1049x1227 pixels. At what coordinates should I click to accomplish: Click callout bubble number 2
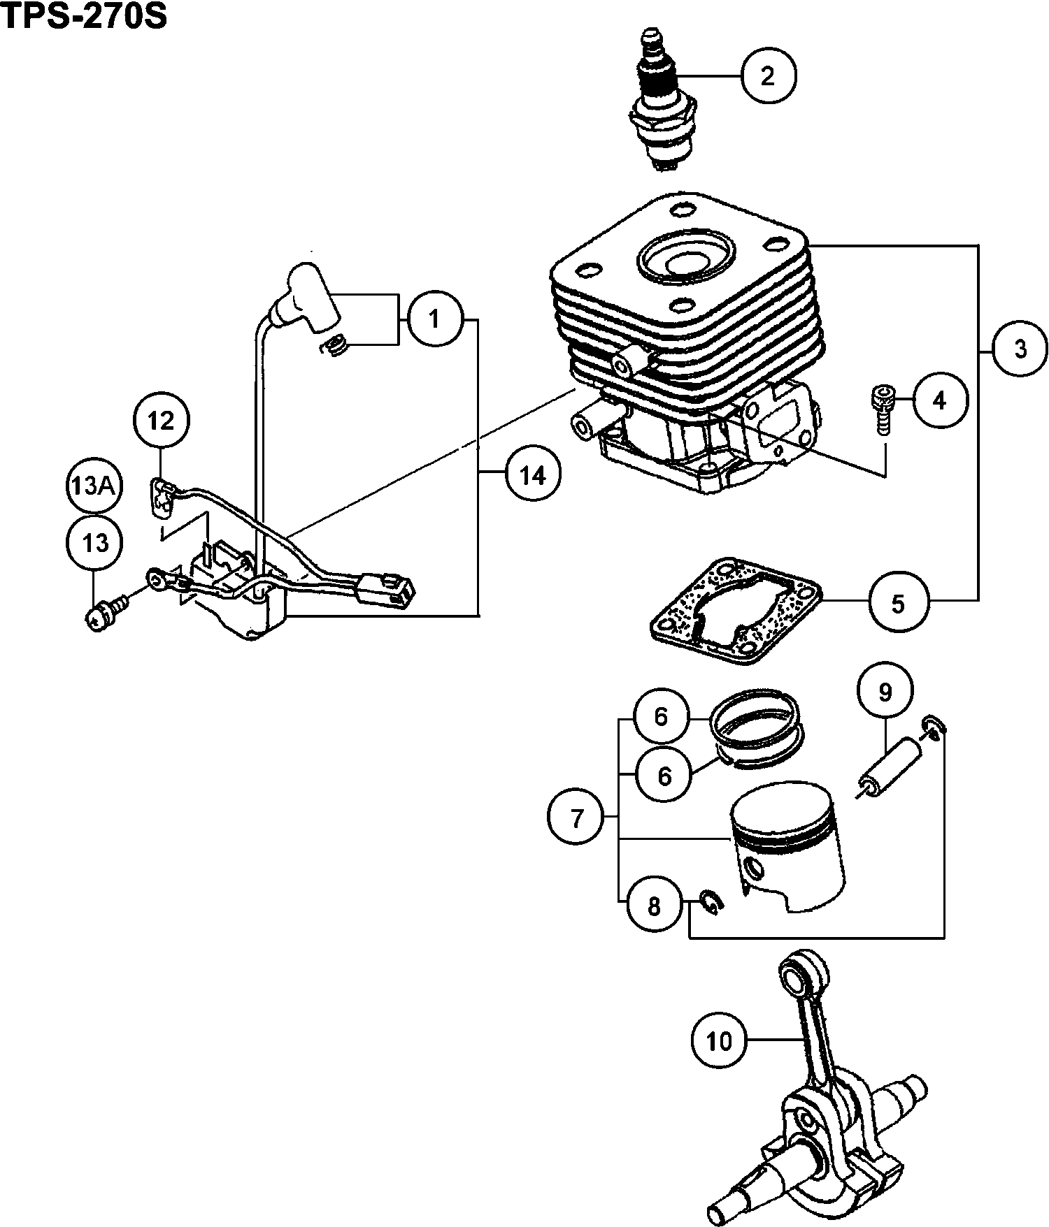tap(768, 75)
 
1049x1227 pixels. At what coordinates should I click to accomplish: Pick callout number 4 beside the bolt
tap(939, 401)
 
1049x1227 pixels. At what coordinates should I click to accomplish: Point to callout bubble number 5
tap(898, 603)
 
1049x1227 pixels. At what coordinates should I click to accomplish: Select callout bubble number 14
tap(532, 475)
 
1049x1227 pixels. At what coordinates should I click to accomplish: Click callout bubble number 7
tap(576, 818)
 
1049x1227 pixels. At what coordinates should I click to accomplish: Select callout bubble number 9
tap(885, 692)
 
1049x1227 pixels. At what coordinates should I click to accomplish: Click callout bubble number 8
tap(654, 906)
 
